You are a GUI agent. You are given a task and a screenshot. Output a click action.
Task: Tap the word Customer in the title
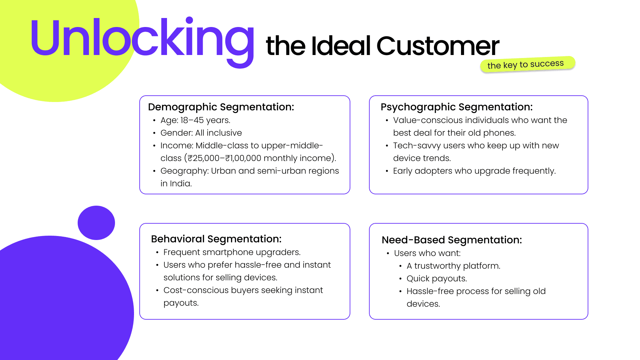pos(438,46)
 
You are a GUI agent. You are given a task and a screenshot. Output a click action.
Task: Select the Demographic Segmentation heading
pos(221,107)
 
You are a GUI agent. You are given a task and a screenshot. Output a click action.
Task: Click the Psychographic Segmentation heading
pos(457,107)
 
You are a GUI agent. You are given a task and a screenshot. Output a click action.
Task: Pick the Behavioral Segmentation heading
pos(216,239)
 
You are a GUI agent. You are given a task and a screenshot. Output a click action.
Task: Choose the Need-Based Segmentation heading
pos(452,240)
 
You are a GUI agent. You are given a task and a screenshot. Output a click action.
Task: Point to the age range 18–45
pos(192,120)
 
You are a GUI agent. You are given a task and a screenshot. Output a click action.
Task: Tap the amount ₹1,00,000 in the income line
pos(243,158)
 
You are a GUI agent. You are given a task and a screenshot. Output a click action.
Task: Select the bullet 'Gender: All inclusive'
pos(201,133)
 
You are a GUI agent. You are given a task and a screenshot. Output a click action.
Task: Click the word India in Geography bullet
pos(180,184)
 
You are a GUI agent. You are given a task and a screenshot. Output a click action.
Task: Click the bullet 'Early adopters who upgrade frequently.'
pos(474,171)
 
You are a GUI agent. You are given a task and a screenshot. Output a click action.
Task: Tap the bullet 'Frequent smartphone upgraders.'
pos(232,252)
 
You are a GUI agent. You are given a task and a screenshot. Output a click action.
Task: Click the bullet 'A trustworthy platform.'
pos(453,266)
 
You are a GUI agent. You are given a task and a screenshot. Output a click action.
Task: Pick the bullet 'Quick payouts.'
pos(437,279)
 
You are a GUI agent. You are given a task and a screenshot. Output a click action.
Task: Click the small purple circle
pos(96,223)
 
